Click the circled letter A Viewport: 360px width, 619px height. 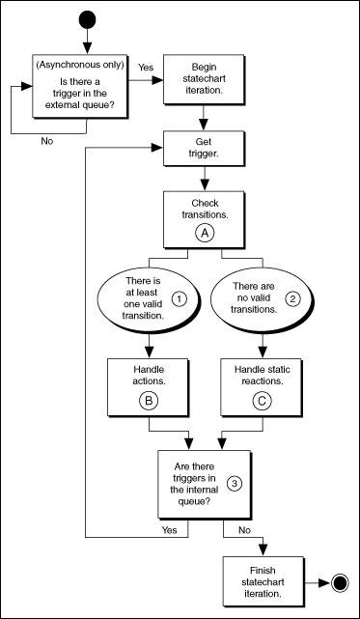[203, 233]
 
